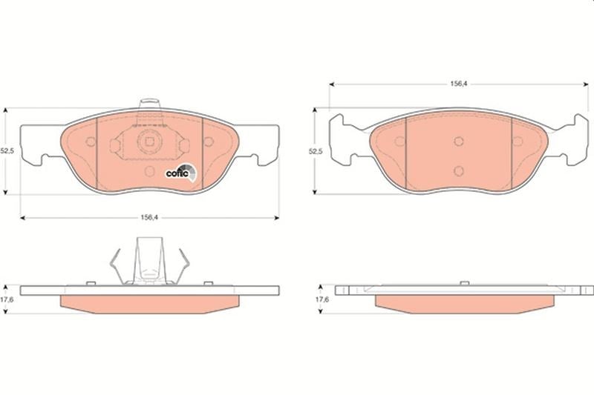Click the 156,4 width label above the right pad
pos(458,84)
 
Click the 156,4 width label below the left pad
pos(149,217)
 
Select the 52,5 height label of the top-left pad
pos(7,151)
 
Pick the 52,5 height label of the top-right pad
pos(315,151)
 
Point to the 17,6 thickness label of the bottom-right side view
pos(322,299)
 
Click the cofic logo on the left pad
pos(181,173)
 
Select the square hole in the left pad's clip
pos(150,142)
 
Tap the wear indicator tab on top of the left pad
pos(149,103)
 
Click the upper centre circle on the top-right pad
pos(459,142)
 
